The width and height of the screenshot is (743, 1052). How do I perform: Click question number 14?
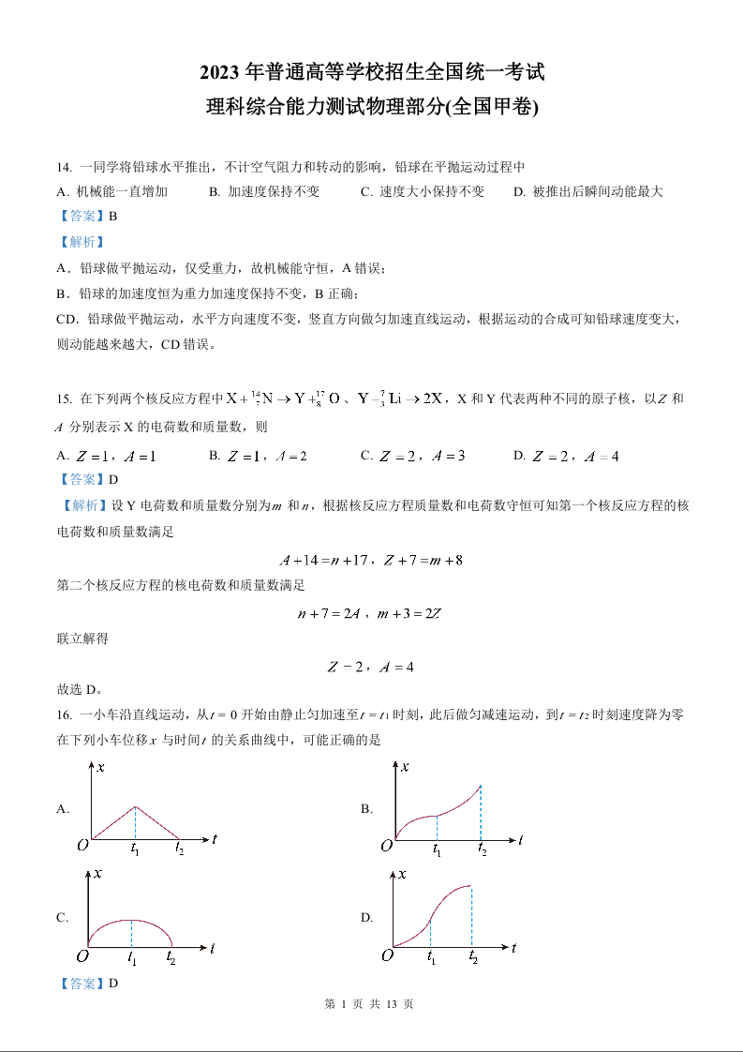64,167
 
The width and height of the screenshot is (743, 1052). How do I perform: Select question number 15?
64,398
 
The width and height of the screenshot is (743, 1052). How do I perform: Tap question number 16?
64,714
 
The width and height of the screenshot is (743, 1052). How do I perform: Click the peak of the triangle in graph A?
136,806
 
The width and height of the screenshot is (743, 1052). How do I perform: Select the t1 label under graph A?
136,849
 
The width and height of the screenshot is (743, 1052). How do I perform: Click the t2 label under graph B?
482,850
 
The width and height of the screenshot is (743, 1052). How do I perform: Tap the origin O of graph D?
386,955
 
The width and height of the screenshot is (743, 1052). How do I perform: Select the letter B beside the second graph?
366,808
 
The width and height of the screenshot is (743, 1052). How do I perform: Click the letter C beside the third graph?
62,918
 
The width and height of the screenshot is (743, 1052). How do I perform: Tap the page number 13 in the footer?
392,1004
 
